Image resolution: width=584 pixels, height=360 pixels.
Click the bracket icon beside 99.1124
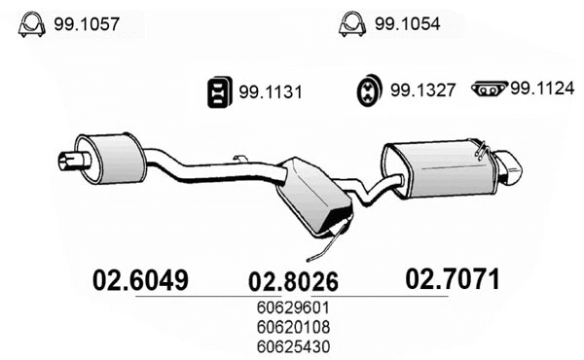click(488, 90)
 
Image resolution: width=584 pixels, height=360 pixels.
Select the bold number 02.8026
click(293, 283)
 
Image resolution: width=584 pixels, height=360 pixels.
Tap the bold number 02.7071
click(453, 280)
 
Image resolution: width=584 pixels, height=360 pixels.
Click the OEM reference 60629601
click(293, 310)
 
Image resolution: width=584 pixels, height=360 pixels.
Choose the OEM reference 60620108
click(293, 328)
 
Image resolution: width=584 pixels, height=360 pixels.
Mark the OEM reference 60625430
click(293, 345)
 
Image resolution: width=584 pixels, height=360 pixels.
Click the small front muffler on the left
click(109, 156)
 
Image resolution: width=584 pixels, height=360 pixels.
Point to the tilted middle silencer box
click(313, 197)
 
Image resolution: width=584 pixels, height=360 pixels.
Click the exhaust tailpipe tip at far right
click(509, 167)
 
